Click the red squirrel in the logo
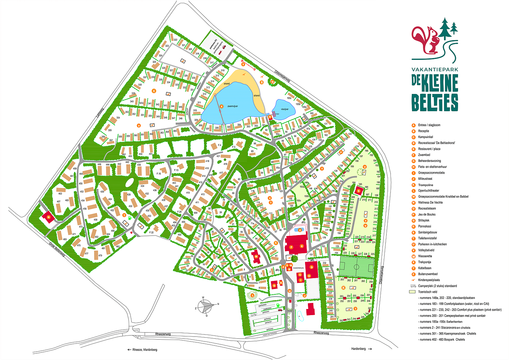pos(426,40)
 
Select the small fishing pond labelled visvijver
pos(284,109)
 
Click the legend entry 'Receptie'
pos(423,131)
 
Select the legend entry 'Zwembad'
pos(424,155)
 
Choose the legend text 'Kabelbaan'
pos(425,268)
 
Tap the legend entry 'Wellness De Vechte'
pos(430,202)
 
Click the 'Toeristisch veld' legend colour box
pos(412,292)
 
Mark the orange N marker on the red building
pos(48,217)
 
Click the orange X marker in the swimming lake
pos(222,106)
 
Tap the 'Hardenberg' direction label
pos(358,349)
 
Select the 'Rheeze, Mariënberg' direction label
pos(145,349)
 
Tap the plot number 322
pos(175,40)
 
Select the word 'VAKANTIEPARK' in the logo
pos(434,69)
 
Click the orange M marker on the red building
pos(256,256)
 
